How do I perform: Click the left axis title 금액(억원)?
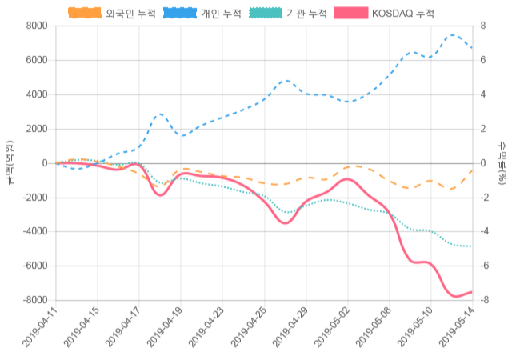click(10, 162)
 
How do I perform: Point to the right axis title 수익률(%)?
click(502, 162)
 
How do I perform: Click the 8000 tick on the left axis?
click(35, 26)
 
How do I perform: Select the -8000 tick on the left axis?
click(33, 300)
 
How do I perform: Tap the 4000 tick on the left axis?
click(35, 94)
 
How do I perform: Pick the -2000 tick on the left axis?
click(33, 197)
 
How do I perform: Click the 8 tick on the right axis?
click(482, 26)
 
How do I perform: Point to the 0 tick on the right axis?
click(482, 163)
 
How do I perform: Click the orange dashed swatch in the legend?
click(85, 14)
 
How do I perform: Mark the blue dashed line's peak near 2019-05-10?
click(453, 35)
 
